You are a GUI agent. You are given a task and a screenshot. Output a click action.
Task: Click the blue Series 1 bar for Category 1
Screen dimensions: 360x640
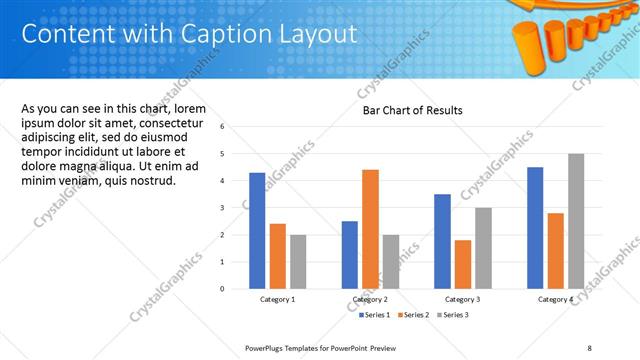click(x=257, y=230)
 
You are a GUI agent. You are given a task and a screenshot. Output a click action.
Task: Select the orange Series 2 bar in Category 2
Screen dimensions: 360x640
click(x=370, y=229)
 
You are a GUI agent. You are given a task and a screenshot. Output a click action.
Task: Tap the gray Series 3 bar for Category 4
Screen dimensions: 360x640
click(x=576, y=221)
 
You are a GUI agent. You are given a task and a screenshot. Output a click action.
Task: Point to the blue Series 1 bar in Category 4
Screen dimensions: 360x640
click(x=535, y=227)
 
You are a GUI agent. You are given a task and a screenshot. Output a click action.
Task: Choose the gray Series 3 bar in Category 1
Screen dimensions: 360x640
click(x=298, y=261)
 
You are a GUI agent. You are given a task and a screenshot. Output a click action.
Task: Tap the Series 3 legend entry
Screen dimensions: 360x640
click(x=452, y=315)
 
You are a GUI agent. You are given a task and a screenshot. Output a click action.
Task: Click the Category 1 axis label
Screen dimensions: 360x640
click(x=277, y=300)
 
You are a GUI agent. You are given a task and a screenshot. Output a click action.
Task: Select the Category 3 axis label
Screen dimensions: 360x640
click(x=462, y=300)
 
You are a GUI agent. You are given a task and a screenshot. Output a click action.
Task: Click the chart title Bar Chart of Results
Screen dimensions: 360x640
click(x=412, y=110)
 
